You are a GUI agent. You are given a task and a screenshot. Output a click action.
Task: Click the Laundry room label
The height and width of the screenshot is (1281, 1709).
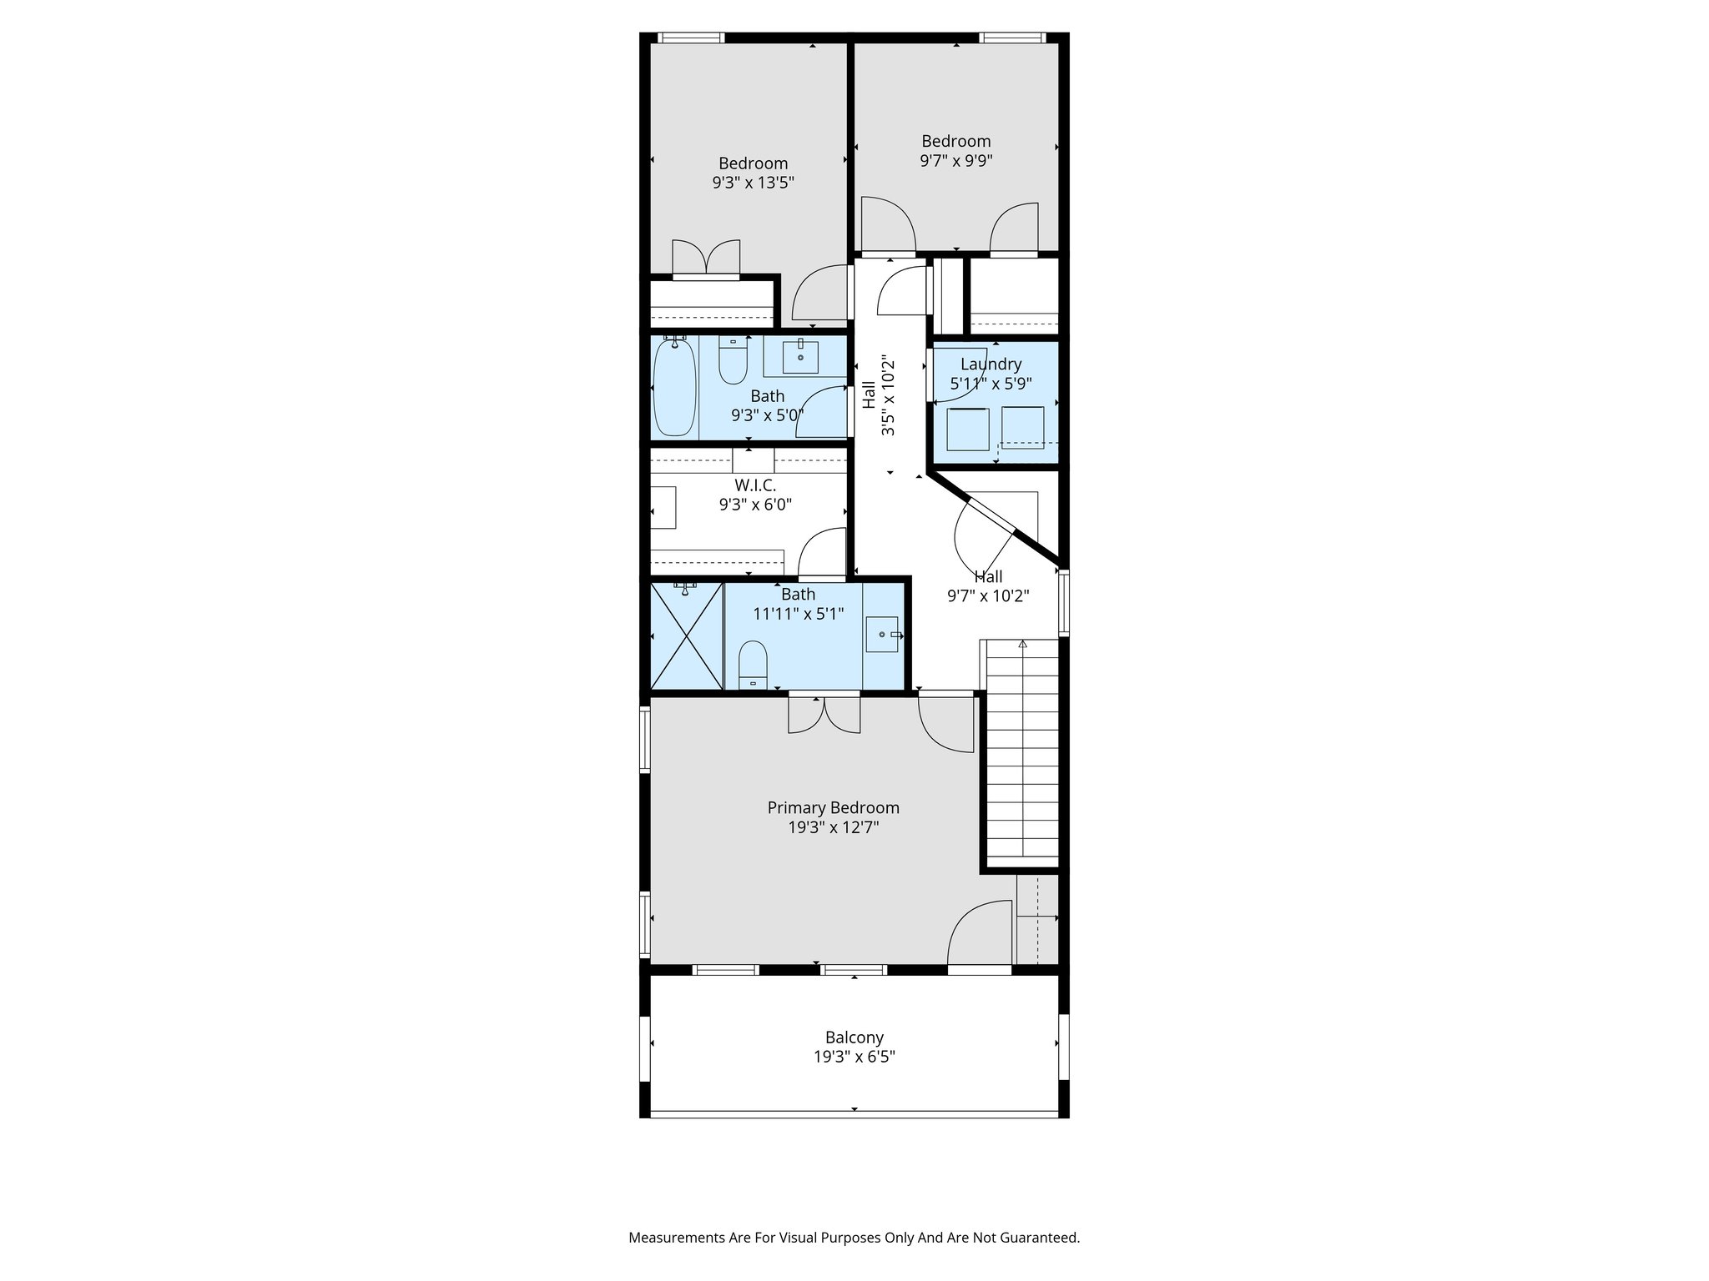[x=991, y=364]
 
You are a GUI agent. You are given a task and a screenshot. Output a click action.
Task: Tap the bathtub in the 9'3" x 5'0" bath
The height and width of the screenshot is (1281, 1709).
[x=674, y=388]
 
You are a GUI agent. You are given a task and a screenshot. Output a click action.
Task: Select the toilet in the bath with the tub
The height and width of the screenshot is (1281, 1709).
[x=733, y=361]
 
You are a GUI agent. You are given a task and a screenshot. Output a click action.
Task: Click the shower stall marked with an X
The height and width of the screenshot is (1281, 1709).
[x=686, y=635]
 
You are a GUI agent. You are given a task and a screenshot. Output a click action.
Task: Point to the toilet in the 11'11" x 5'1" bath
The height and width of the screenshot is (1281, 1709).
[x=753, y=666]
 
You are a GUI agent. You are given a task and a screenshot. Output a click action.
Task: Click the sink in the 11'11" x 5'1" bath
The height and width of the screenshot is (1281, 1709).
[x=883, y=635]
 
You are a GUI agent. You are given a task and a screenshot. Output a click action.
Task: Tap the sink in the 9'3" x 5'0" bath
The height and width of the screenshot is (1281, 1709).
[x=800, y=356]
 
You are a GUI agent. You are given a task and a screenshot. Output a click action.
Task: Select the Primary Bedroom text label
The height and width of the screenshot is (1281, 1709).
[x=833, y=807]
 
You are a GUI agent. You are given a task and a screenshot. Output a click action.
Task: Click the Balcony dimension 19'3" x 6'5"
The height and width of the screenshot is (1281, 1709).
[x=854, y=1057]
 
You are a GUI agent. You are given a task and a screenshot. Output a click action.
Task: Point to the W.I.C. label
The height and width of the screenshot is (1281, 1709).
[x=754, y=485]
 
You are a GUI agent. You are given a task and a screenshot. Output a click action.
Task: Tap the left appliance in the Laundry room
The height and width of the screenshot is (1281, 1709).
[x=967, y=429]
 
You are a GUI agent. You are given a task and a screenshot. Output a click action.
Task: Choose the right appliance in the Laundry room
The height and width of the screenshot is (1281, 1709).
[x=1022, y=427]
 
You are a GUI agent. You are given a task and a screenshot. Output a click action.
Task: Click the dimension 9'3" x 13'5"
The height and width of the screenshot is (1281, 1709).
[x=753, y=183]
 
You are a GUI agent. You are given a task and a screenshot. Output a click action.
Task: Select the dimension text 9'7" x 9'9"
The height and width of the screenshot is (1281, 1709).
[x=955, y=161]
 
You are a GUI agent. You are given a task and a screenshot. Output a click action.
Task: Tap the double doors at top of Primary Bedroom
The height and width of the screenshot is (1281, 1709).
[x=824, y=715]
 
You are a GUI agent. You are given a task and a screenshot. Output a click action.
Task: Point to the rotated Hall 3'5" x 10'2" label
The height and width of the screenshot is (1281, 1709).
[x=878, y=395]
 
